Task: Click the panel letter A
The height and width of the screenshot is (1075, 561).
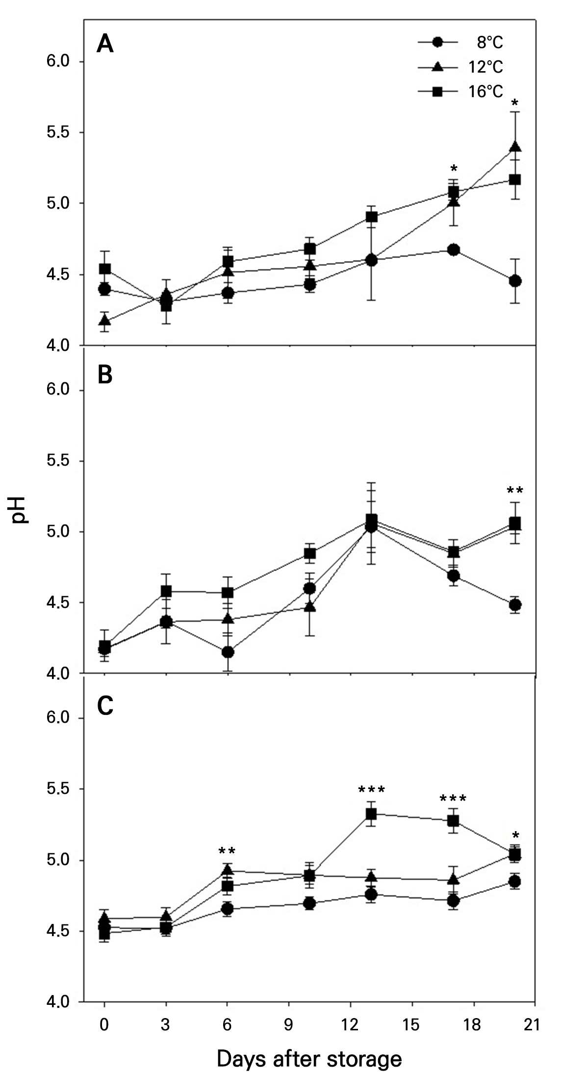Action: (105, 45)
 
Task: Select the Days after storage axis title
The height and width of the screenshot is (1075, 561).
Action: (309, 1046)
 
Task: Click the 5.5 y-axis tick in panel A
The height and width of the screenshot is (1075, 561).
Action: (55, 132)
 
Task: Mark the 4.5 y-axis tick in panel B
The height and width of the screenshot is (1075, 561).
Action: (55, 603)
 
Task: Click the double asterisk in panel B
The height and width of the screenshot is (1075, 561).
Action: (515, 491)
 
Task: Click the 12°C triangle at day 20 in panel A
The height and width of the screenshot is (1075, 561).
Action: (515, 147)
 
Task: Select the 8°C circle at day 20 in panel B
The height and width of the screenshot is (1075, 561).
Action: (515, 605)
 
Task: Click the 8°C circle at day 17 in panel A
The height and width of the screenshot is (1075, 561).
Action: (454, 250)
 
